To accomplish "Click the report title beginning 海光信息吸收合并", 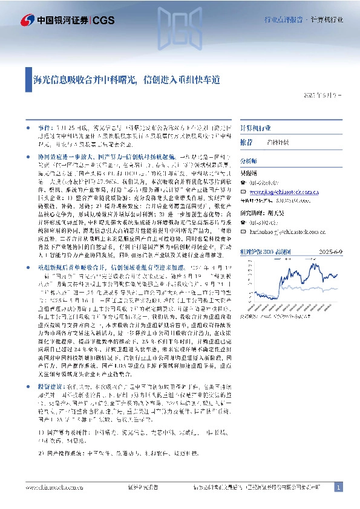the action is coord(126,79).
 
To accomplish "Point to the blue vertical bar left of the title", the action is coord(27,79).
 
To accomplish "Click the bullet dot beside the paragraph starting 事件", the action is coord(28,129).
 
